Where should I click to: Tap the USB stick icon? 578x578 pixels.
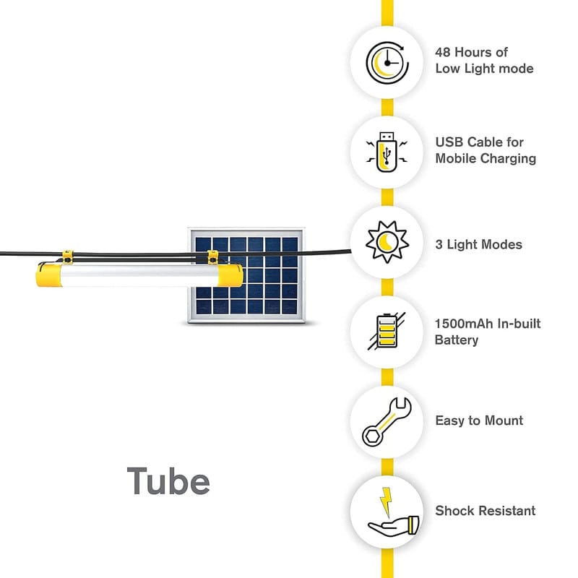pos(387,152)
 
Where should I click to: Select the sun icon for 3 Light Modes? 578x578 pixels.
pos(387,243)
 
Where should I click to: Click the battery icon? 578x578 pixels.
pos(387,332)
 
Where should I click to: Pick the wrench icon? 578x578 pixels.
pos(387,421)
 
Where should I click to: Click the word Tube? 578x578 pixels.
pos(168,480)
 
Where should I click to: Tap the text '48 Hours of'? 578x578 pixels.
pos(471,52)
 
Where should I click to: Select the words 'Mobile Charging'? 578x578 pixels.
pos(486,158)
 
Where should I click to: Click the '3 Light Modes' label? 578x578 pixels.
pos(478,245)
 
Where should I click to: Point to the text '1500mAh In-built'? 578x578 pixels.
pos(488,324)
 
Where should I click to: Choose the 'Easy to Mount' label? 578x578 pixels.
pos(479,420)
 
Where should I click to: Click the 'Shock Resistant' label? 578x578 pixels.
pos(486,511)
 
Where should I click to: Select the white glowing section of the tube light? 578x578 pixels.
pos(141,275)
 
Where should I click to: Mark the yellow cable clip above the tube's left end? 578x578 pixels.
pos(67,256)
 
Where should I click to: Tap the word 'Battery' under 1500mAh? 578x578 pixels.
pos(457,340)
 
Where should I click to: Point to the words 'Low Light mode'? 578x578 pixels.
pos(484,69)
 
